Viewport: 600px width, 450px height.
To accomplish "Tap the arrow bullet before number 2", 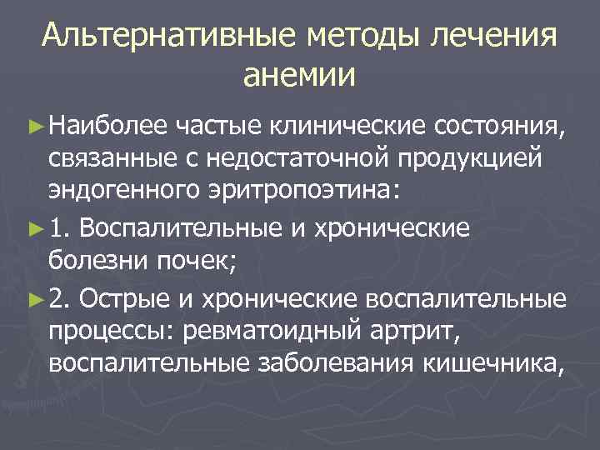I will [x=34, y=297].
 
